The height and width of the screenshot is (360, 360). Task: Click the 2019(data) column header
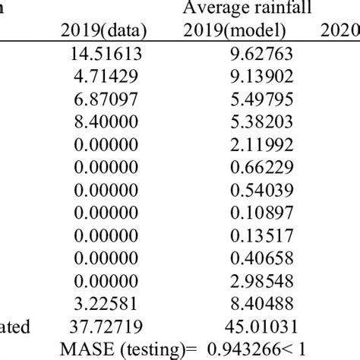pyautogui.click(x=99, y=31)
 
